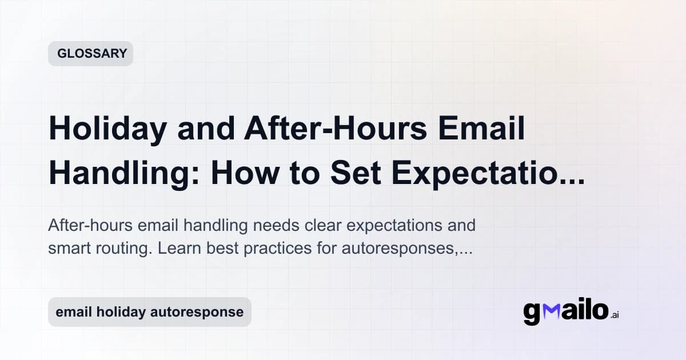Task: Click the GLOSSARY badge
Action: (x=91, y=54)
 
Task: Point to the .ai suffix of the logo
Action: (x=614, y=315)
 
